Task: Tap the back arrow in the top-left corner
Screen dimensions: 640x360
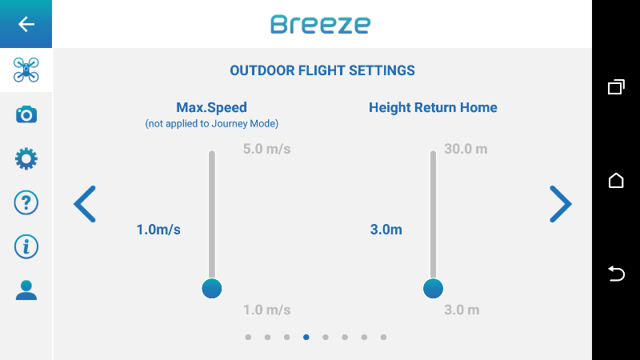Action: [26, 24]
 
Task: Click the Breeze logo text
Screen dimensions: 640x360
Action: [321, 24]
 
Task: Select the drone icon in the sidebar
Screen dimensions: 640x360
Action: [26, 70]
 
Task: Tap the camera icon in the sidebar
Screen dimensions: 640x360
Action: [26, 114]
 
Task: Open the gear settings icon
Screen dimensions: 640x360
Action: [26, 158]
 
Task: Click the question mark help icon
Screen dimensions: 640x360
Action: [26, 202]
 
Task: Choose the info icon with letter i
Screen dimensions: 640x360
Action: [26, 246]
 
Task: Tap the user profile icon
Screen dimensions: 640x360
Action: [26, 290]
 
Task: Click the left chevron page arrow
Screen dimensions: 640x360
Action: [85, 204]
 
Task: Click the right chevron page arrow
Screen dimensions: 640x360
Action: [561, 204]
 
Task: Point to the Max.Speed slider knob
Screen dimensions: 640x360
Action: [212, 289]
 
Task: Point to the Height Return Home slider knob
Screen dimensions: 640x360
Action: [433, 289]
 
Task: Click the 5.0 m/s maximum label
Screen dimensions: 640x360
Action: [267, 149]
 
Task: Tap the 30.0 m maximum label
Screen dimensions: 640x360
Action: [466, 149]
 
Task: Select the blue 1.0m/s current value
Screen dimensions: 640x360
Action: [158, 230]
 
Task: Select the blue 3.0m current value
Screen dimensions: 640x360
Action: [386, 230]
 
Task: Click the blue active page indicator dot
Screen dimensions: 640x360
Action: [306, 337]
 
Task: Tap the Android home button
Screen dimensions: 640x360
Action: [616, 181]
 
